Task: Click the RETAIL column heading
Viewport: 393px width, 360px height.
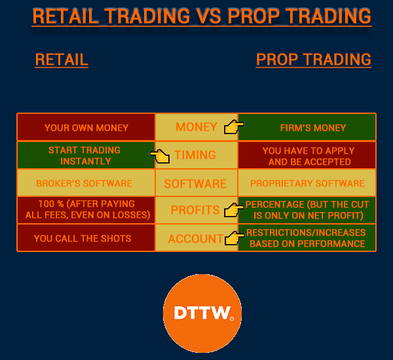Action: (x=62, y=60)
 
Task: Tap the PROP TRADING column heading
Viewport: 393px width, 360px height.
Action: (x=314, y=60)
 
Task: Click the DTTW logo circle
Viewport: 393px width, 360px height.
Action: (x=202, y=314)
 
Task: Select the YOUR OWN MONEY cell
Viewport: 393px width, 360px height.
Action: (x=86, y=127)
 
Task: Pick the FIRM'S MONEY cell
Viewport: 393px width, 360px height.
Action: (x=307, y=127)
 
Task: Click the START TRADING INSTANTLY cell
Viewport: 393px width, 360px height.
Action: (x=86, y=155)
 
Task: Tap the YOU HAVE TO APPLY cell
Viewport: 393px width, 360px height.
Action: (x=307, y=155)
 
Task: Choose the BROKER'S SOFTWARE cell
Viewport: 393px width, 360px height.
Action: (x=86, y=183)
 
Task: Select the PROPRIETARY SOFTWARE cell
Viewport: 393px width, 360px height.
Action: (x=307, y=183)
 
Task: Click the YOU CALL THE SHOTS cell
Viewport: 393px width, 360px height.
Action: (x=86, y=238)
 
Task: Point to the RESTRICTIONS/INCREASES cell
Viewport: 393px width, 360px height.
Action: (x=307, y=238)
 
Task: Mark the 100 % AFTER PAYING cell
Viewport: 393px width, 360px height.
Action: (x=86, y=210)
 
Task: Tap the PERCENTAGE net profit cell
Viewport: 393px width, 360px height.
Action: (x=307, y=210)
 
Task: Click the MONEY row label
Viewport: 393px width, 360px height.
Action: (x=196, y=127)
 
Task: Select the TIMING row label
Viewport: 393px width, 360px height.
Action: (x=195, y=155)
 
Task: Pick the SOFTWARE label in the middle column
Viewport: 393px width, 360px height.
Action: (x=195, y=184)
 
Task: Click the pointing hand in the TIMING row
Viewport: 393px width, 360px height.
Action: (x=160, y=156)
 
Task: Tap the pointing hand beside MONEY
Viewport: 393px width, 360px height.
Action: (x=234, y=127)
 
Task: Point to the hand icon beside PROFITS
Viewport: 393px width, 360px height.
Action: (x=234, y=210)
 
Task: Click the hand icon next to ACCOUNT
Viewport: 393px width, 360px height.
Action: (x=234, y=238)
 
